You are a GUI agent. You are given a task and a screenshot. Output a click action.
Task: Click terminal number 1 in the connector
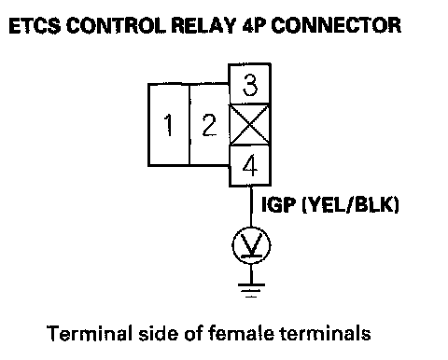pos(169,125)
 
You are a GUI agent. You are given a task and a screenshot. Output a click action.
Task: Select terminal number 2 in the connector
pos(209,125)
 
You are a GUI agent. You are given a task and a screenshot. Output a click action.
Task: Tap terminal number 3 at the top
pos(250,84)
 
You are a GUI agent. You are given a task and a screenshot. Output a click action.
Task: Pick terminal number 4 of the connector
pos(250,166)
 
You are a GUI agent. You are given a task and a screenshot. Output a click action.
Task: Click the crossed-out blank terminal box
pos(249,125)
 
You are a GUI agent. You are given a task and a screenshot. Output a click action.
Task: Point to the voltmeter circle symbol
pos(251,245)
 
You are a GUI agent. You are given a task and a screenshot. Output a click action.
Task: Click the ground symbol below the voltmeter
pos(251,290)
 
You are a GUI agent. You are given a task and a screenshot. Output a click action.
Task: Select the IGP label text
pos(278,205)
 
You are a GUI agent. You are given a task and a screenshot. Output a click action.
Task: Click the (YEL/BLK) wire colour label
pos(351,205)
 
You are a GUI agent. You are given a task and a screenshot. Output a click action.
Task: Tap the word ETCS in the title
pos(35,25)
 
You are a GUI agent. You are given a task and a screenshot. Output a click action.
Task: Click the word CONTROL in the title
pos(116,25)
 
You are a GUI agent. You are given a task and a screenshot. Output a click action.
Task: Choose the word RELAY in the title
pos(203,25)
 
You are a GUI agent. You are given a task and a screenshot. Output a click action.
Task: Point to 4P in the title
pos(254,25)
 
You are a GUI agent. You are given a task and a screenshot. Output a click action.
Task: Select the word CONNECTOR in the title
pos(336,25)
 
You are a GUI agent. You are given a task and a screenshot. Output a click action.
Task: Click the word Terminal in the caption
pos(89,333)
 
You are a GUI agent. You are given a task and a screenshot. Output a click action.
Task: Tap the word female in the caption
pos(242,333)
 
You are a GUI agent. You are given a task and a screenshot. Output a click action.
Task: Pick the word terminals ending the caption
pos(326,333)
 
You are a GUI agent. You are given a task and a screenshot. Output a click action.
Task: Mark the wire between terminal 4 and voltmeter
pos(251,207)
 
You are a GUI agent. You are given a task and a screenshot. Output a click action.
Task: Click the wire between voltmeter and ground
pos(251,273)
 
